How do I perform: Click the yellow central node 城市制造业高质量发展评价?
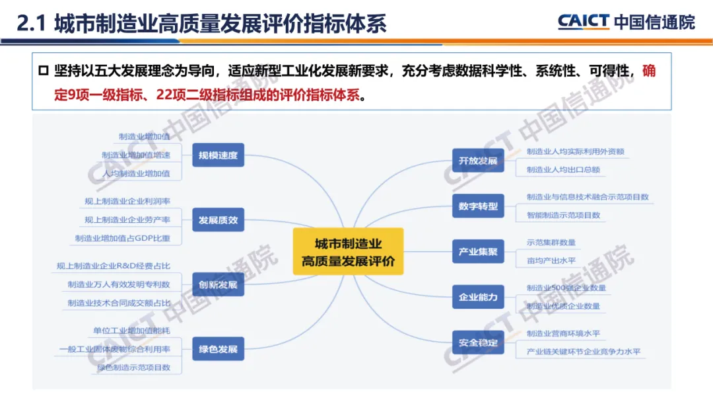pos(348,253)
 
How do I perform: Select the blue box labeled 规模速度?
pos(218,157)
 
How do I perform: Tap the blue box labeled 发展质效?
pos(218,220)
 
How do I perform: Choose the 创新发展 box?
pos(218,285)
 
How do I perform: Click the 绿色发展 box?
pos(218,348)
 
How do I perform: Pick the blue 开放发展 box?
pos(478,161)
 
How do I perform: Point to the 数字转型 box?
pos(478,206)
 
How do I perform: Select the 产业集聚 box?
pos(478,252)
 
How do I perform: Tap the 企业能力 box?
pos(478,297)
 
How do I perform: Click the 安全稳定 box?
pos(478,342)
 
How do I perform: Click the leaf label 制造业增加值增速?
pos(135,155)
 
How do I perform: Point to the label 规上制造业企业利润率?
pos(127,202)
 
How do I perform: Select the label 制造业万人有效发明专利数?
pos(119,284)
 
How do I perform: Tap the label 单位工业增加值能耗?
pos(131,330)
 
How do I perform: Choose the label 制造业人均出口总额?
pos(563,169)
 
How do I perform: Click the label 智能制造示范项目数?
pos(563,215)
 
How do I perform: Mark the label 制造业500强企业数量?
pos(566,288)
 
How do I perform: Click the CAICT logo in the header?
pos(583,22)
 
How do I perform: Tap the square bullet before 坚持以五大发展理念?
pos(44,71)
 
